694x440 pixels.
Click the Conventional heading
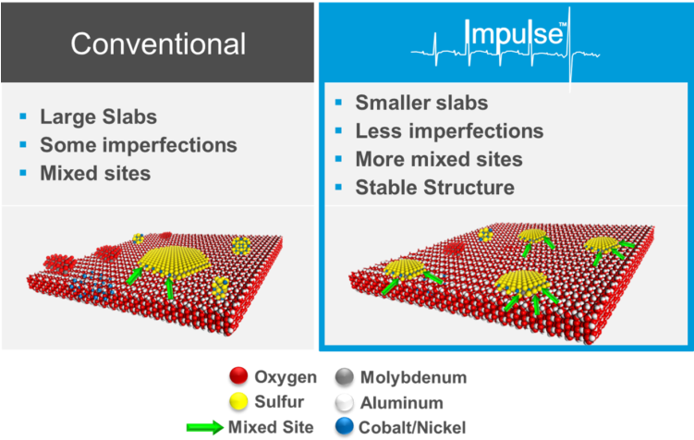coord(158,43)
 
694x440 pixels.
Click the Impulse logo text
coord(514,33)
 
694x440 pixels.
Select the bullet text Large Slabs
coord(98,116)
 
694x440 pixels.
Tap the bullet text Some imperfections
coord(139,145)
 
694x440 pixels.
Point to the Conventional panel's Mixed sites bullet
coord(95,173)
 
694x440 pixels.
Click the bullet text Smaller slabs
coord(421,103)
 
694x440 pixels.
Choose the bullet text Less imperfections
coord(449,131)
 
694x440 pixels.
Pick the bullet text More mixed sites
coord(439,159)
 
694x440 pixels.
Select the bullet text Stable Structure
coord(434,188)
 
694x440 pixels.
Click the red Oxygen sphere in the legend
coord(238,376)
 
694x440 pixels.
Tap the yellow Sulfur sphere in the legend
coord(238,401)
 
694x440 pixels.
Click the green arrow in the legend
coord(205,427)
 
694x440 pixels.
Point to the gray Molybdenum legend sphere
coord(345,377)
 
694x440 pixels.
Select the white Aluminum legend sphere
coord(345,402)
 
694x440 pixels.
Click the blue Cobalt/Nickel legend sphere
coord(345,427)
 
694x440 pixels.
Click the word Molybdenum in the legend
coord(413,377)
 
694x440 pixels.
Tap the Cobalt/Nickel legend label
coord(412,428)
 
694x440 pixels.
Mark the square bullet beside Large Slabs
coord(23,116)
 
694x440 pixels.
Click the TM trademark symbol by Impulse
coord(563,24)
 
